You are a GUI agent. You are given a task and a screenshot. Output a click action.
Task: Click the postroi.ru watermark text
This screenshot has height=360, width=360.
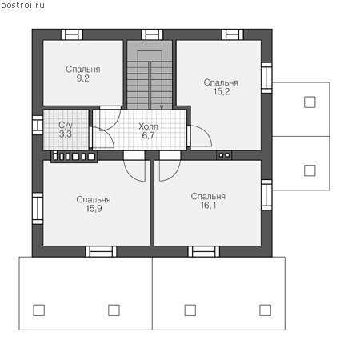coord(22,6)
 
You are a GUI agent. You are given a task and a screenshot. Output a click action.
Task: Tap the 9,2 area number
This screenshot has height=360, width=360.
coord(82,78)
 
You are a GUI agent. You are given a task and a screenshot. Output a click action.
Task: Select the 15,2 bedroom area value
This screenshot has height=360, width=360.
coord(222,92)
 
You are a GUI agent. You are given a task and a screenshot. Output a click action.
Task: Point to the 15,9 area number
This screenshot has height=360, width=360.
coord(94,209)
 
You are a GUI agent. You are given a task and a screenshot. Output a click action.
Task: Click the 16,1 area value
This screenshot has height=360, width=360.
coord(209,206)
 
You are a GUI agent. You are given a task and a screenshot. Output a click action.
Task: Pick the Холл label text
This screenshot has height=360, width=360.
coord(148,126)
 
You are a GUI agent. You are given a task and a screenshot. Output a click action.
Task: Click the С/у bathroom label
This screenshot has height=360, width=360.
coord(66,125)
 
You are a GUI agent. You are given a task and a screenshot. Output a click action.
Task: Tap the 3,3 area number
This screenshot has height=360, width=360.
coord(66,134)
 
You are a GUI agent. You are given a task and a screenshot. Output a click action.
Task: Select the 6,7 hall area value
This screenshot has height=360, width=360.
coord(148,135)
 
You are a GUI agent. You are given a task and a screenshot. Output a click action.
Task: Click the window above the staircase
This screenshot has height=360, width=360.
coord(152,34)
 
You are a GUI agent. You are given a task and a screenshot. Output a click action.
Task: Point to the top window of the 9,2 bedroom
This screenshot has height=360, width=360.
coord(72,34)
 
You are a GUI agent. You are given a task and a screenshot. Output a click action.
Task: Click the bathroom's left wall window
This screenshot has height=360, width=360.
coord(38,125)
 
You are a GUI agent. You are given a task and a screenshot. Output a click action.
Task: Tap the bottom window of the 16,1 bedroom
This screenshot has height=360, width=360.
coord(204,251)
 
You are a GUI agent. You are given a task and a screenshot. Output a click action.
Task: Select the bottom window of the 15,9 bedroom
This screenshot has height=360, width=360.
coord(101,251)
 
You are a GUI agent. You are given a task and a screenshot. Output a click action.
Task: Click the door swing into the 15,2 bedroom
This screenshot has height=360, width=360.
coord(206,130)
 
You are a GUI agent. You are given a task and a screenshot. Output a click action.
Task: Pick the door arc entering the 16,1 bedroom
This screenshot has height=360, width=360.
coord(174,174)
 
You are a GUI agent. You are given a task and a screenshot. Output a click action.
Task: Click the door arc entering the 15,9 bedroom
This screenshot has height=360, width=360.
coord(130,174)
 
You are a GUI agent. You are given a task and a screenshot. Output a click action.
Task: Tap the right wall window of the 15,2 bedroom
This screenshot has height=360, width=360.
coord(266,78)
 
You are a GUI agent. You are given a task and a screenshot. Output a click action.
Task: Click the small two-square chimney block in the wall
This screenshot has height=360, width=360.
coord(224,155)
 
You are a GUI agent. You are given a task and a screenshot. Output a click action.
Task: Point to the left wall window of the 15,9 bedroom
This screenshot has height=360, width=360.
coord(38,209)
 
